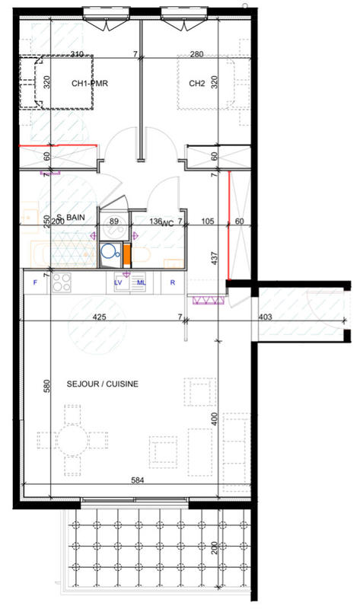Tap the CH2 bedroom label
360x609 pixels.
[196, 84]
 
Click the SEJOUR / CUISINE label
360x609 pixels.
[102, 384]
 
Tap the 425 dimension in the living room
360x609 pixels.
[98, 317]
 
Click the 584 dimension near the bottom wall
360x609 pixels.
[138, 480]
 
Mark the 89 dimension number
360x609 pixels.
[115, 222]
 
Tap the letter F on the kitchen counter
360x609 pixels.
[35, 283]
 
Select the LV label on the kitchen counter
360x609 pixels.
[119, 283]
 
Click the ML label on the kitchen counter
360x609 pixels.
[141, 283]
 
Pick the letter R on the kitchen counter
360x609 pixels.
[173, 283]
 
